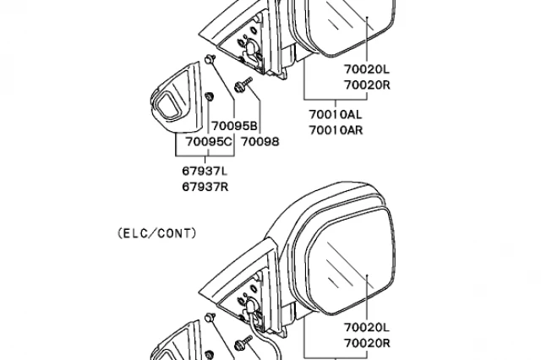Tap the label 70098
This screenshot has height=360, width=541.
(260, 142)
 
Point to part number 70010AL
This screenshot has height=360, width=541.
(336, 115)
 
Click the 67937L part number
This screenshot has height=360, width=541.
(205, 171)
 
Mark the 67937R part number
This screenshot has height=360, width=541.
(205, 186)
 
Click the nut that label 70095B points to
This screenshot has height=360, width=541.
(209, 59)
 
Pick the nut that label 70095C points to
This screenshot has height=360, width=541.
(208, 95)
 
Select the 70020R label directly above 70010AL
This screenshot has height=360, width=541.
(366, 85)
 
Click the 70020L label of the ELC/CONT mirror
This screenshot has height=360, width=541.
(366, 327)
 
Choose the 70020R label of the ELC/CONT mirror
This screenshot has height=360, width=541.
(366, 342)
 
